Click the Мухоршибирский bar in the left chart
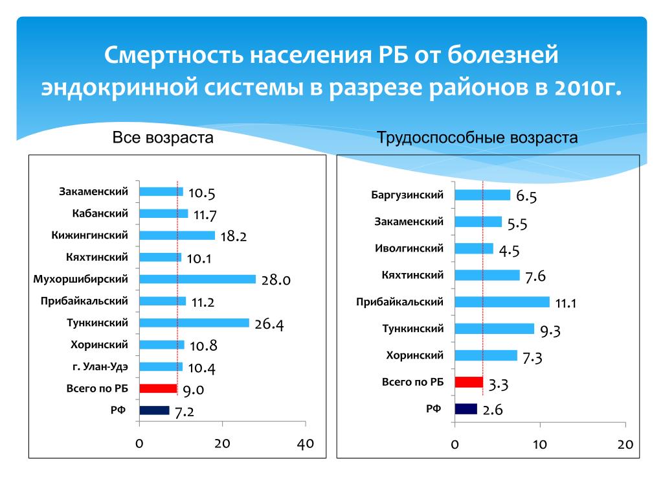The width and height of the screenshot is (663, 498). (197, 279)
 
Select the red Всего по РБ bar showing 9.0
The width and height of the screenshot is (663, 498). (158, 388)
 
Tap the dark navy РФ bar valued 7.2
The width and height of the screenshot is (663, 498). (154, 410)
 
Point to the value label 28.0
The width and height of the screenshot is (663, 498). (276, 280)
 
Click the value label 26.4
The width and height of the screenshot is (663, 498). (269, 324)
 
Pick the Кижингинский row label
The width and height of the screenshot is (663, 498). (90, 235)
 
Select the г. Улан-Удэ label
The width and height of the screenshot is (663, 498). (100, 366)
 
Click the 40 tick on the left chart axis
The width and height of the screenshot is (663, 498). (305, 444)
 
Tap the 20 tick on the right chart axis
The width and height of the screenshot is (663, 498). (625, 444)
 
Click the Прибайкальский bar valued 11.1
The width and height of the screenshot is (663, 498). (502, 302)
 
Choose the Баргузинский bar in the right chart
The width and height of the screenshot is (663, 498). (482, 195)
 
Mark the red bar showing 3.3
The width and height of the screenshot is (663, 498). (469, 382)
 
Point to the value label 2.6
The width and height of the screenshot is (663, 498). (492, 410)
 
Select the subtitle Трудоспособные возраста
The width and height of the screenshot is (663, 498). (477, 137)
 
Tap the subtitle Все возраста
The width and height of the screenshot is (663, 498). (163, 137)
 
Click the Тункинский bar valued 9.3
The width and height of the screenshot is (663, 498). (495, 329)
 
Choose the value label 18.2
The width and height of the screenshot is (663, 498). (234, 237)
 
